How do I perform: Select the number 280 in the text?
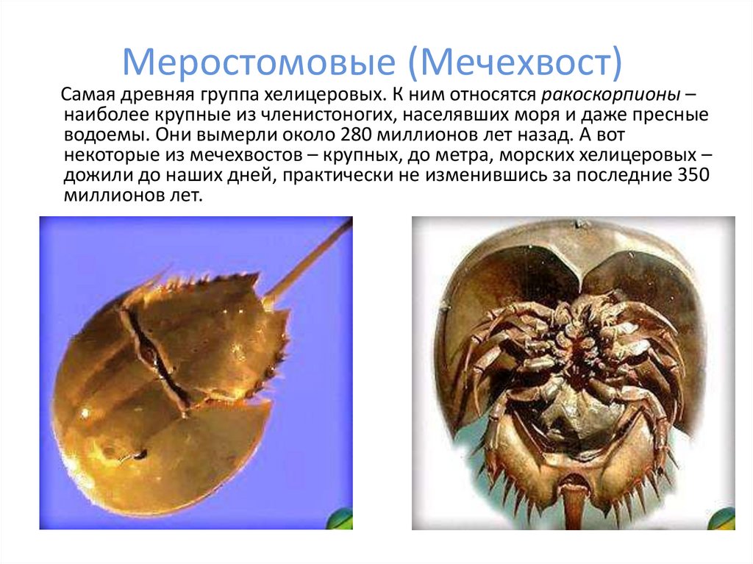tap(359, 136)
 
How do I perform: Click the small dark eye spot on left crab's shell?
tap(140, 454)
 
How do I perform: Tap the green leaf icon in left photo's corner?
tap(343, 518)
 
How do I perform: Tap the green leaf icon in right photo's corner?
tap(724, 518)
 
